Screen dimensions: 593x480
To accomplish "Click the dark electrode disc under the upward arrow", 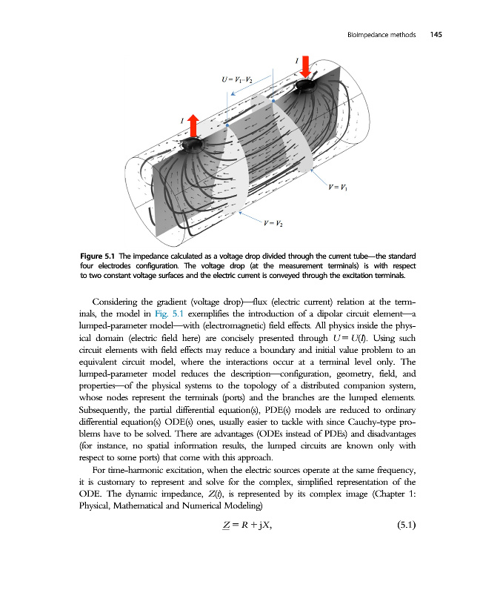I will (x=193, y=142).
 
